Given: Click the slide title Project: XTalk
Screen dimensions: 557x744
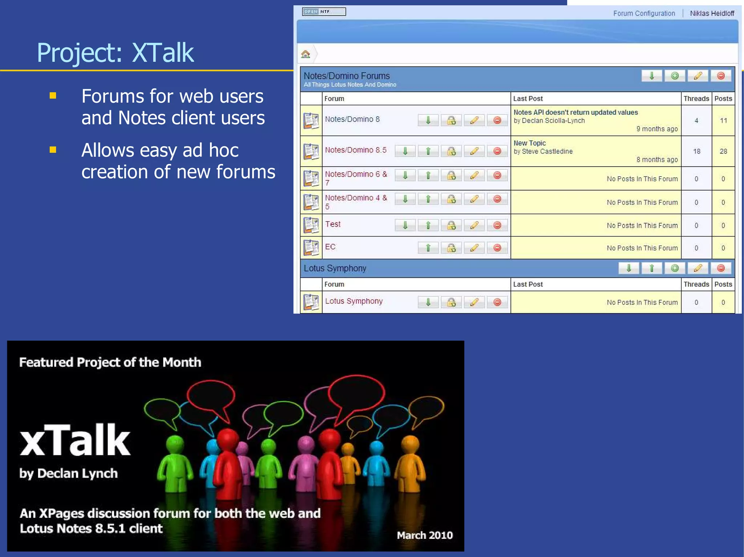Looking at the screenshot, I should (115, 53).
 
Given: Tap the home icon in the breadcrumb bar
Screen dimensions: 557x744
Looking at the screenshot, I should (306, 54).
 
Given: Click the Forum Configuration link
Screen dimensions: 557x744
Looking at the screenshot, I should (644, 13).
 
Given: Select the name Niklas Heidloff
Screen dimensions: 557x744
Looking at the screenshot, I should (712, 13).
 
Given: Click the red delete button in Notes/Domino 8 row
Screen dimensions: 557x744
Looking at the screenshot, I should (497, 120).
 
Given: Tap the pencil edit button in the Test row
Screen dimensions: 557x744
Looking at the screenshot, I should (474, 225).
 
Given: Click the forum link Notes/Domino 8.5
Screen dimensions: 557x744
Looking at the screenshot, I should (355, 150).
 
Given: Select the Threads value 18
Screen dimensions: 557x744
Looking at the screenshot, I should (696, 151).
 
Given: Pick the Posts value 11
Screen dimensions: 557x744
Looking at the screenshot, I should (723, 120).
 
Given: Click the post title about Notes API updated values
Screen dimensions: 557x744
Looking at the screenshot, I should (575, 112).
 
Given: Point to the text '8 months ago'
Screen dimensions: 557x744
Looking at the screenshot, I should (657, 160).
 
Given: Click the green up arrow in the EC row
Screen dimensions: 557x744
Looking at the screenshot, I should (428, 248).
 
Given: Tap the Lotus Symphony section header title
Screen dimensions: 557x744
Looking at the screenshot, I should (335, 268).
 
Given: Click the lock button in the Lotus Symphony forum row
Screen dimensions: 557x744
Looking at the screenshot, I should (451, 302).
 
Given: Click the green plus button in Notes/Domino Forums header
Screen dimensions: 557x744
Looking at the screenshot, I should (675, 76).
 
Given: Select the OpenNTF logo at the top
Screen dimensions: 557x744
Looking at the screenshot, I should (324, 12).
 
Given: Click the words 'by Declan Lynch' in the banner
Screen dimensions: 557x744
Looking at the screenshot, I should (68, 473).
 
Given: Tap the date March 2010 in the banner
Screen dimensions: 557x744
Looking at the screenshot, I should (424, 535).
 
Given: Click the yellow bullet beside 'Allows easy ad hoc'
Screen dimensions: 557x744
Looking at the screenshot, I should (53, 150).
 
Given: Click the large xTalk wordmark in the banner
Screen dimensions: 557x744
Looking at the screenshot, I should (75, 440).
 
